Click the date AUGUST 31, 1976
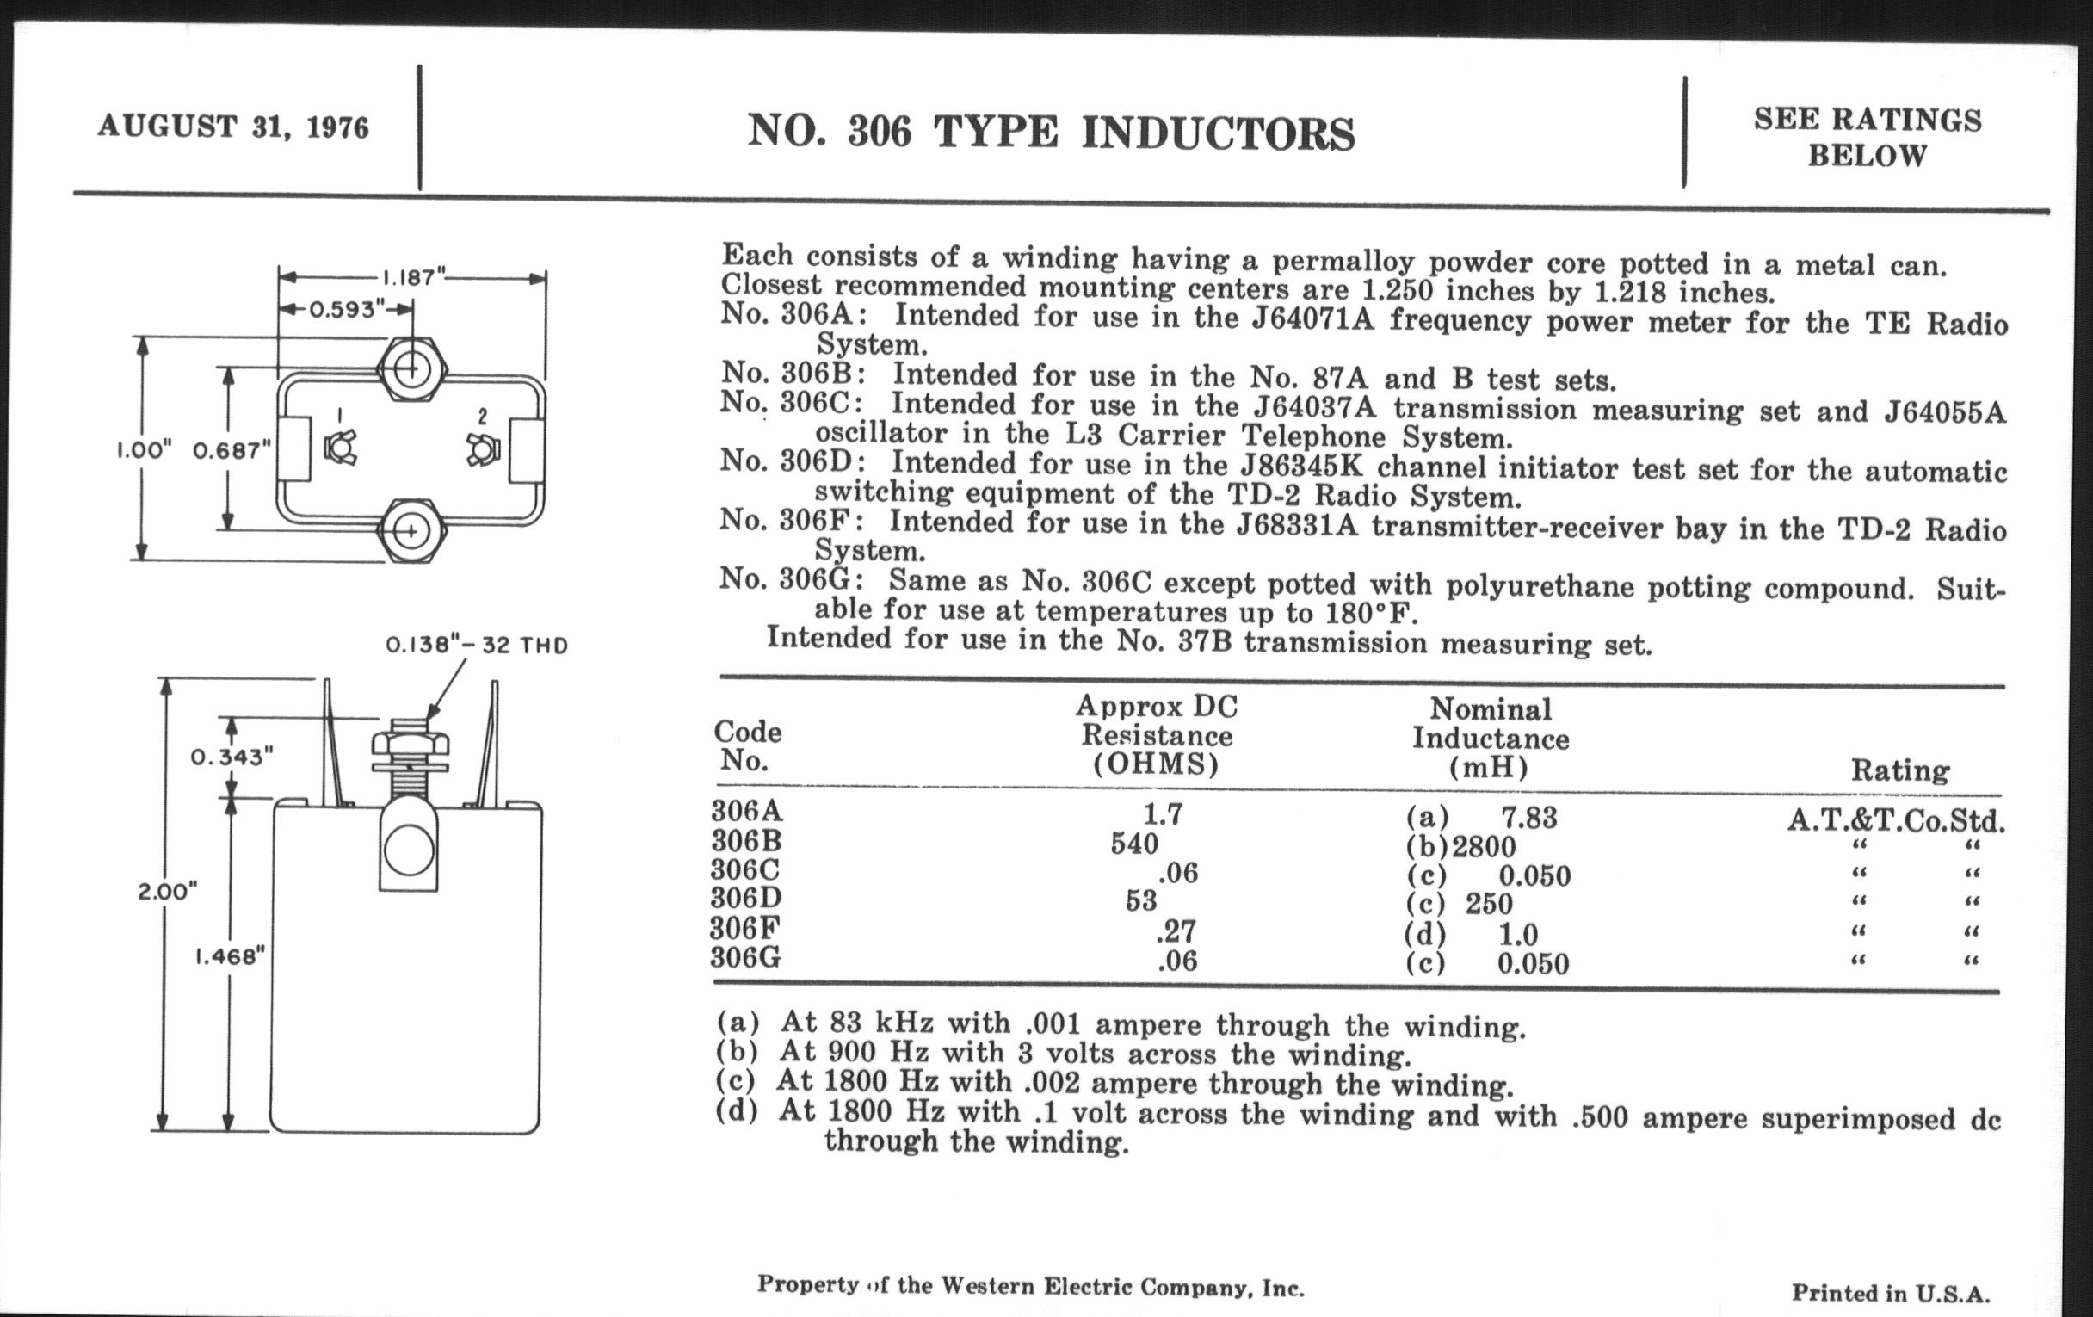[x=233, y=127]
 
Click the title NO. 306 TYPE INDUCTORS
[x=1051, y=134]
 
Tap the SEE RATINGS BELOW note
[x=1867, y=138]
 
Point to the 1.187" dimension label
[x=413, y=278]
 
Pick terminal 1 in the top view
[x=339, y=448]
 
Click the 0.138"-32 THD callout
[x=476, y=646]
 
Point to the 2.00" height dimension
[x=167, y=892]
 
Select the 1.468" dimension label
[x=229, y=956]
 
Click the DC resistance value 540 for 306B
[x=1134, y=844]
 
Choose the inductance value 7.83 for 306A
[x=1529, y=818]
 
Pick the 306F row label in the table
[x=745, y=930]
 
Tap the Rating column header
[x=1900, y=770]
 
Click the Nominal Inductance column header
[x=1490, y=738]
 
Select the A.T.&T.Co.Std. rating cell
[x=1896, y=820]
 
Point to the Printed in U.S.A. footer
[x=1890, y=1293]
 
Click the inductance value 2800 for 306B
[x=1484, y=847]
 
